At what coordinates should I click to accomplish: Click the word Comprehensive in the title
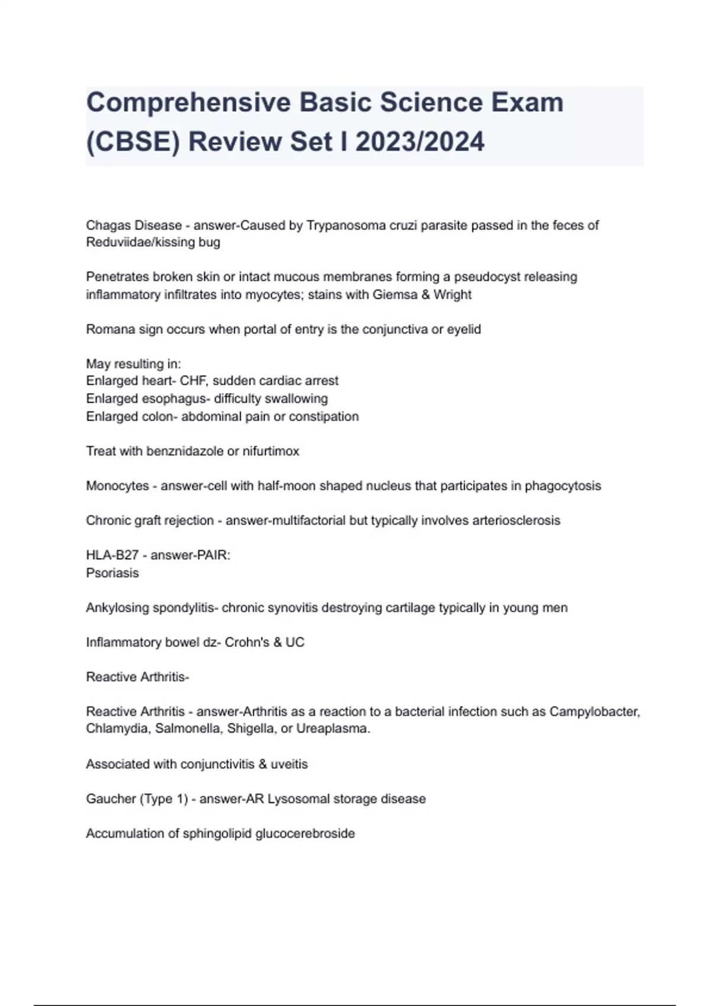click(189, 102)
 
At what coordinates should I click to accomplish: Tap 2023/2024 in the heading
click(420, 142)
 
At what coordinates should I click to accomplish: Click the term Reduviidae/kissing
click(136, 242)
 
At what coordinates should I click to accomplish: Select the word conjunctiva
click(395, 329)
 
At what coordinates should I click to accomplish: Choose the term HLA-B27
click(112, 555)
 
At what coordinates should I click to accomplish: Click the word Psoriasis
click(112, 573)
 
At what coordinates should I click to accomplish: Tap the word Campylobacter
click(594, 711)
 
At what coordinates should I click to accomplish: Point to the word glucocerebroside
click(305, 834)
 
